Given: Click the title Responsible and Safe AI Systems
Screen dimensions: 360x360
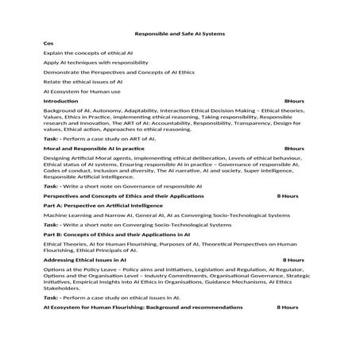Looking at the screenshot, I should point(180,34).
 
